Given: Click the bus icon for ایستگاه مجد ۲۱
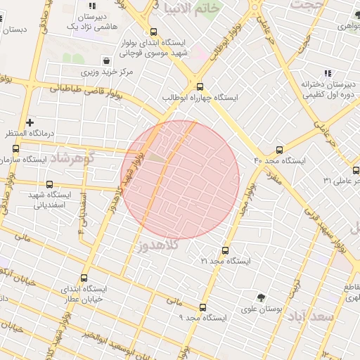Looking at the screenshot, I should pyautogui.click(x=225, y=250).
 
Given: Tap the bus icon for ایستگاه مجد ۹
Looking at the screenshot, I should pyautogui.click(x=203, y=307).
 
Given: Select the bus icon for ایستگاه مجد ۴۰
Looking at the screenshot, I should pyautogui.click(x=280, y=150).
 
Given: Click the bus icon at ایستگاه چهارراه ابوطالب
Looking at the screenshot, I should pyautogui.click(x=200, y=86).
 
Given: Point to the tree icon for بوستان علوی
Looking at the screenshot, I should pyautogui.click(x=262, y=297).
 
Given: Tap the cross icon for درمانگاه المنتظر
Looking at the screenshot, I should pyautogui.click(x=30, y=122).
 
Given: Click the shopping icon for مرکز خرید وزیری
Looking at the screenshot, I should pyautogui.click(x=105, y=60).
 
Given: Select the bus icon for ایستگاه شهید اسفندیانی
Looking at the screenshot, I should pyautogui.click(x=49, y=184).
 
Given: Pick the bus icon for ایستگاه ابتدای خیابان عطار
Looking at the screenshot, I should pyautogui.click(x=84, y=278).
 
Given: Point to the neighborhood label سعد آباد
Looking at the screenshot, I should pyautogui.click(x=310, y=316).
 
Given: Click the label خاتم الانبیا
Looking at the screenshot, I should pyautogui.click(x=191, y=8).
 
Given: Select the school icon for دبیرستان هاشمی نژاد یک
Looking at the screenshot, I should pyautogui.click(x=91, y=6).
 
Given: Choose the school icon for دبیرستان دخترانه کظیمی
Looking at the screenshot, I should pyautogui.click(x=327, y=73).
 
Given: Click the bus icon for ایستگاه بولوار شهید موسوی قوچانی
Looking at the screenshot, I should pyautogui.click(x=153, y=32).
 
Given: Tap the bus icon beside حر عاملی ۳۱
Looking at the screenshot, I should pyautogui.click(x=356, y=170).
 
